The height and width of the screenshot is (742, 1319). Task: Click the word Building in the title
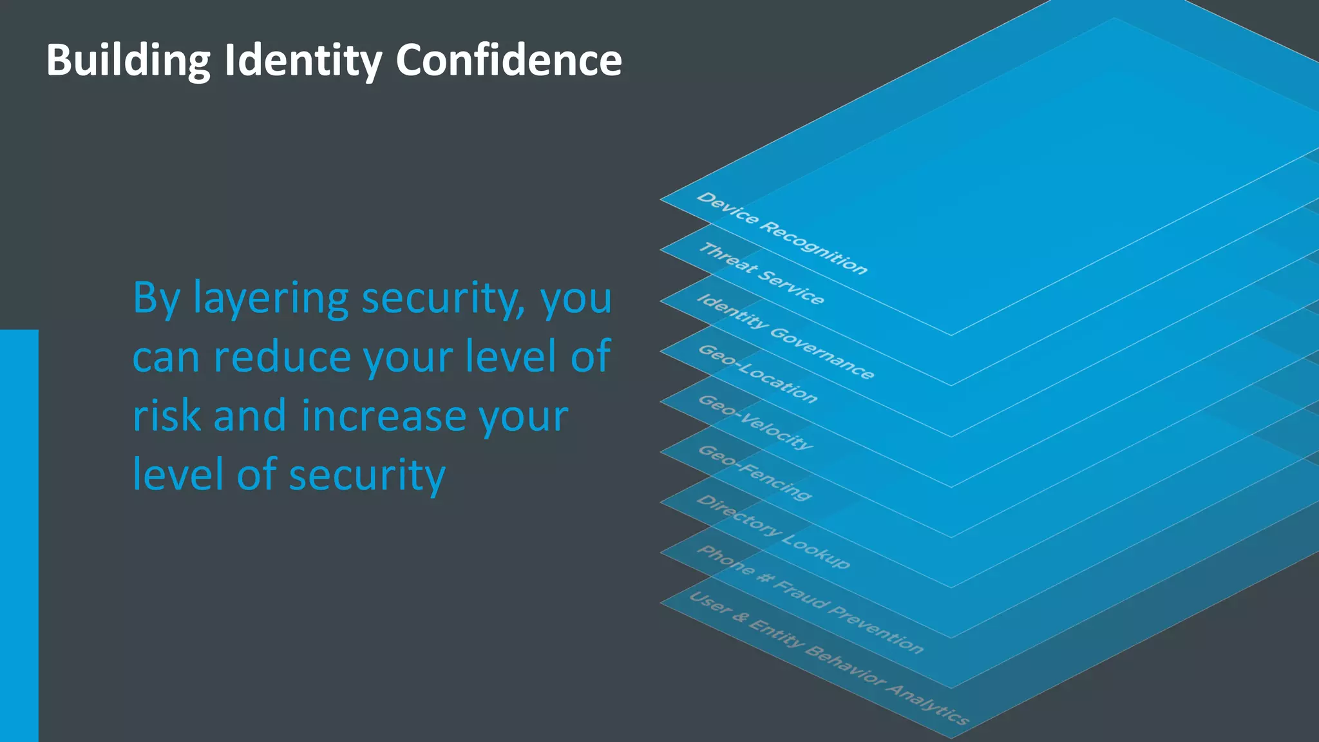click(x=128, y=61)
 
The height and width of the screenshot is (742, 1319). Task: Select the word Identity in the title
click(x=303, y=61)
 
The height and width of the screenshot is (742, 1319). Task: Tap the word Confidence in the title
click(x=508, y=61)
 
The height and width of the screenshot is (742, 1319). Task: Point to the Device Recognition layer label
click(x=782, y=233)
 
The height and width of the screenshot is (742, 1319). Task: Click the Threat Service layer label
click(x=761, y=273)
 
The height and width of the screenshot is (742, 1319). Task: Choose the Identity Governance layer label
click(x=785, y=336)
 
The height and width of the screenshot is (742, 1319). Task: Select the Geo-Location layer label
click(x=757, y=374)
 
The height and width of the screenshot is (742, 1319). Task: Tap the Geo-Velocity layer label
click(x=755, y=422)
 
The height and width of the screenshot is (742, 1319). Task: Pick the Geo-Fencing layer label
click(x=754, y=472)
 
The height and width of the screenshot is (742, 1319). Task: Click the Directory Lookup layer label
click(x=773, y=531)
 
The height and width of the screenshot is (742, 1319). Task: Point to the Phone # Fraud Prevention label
click(x=810, y=598)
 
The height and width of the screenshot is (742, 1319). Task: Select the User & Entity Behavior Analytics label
click(x=828, y=658)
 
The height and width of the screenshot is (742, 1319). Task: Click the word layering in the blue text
click(x=270, y=299)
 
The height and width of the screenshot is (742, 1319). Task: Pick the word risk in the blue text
click(x=166, y=415)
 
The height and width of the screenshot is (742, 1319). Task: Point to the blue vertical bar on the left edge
click(x=19, y=535)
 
